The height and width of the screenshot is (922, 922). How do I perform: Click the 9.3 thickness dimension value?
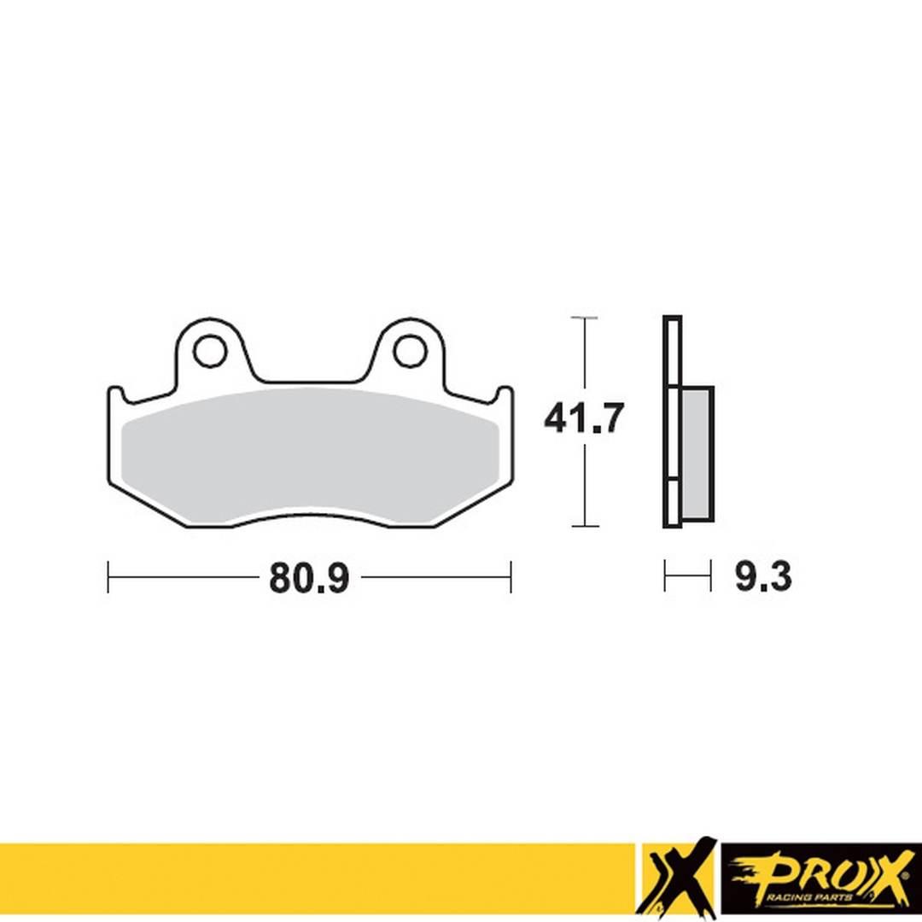762,578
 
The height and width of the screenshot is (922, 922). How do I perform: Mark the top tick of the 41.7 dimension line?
584,318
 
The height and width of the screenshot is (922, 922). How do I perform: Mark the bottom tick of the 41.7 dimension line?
584,526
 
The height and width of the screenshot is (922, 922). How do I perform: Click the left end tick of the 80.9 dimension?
108,577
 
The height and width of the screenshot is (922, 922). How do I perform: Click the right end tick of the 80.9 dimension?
511,577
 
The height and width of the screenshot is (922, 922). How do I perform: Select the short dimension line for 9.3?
687,577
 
